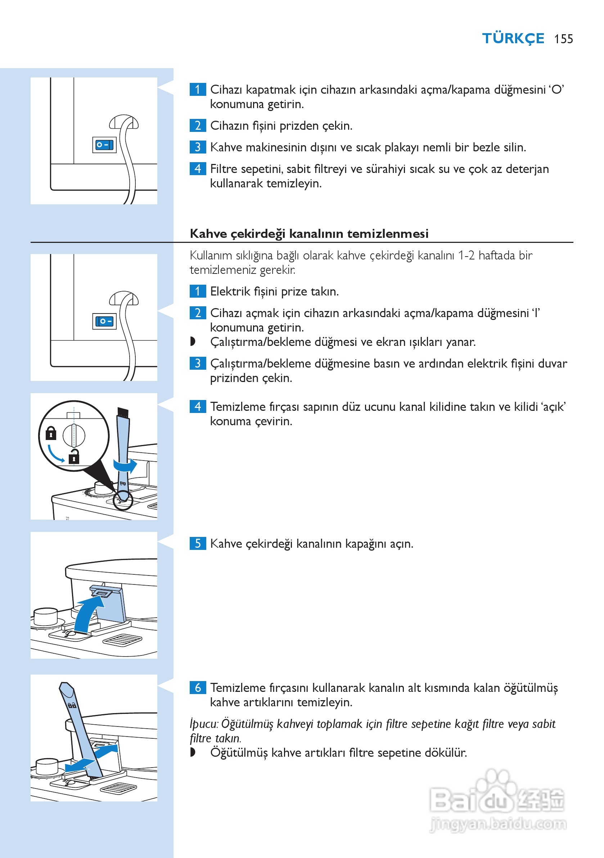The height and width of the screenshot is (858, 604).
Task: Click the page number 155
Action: pos(563,39)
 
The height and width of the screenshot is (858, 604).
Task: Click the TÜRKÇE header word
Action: pos(513,39)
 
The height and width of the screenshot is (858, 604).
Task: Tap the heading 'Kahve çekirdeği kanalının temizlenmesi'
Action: pos(309,234)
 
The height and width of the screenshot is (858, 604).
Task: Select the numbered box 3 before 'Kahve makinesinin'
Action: pos(198,147)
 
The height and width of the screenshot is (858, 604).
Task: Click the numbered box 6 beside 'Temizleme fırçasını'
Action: pos(198,687)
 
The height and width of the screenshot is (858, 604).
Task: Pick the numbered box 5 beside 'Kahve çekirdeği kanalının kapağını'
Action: pos(198,543)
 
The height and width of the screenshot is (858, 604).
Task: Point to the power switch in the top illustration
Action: pos(104,145)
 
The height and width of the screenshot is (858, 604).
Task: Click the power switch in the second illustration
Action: pos(104,321)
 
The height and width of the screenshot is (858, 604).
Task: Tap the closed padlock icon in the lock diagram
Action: pos(51,434)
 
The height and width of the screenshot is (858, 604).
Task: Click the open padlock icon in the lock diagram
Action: pos(74,457)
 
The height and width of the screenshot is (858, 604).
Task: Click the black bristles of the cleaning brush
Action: pos(123,413)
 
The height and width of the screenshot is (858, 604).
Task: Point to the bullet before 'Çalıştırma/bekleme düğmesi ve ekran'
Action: pos(193,341)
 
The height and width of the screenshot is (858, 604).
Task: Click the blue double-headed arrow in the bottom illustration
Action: pos(91,759)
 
